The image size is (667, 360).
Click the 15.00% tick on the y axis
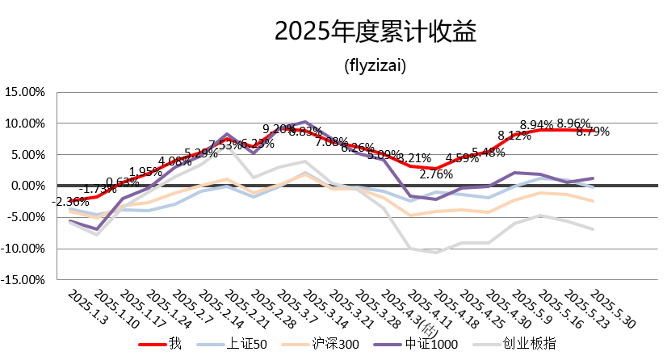(26, 92)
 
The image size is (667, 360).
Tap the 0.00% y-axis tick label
(28, 186)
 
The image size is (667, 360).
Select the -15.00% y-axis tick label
(24, 280)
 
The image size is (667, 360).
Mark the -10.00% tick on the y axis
(24, 249)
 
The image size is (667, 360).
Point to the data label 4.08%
(175, 161)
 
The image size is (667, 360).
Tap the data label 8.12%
(514, 135)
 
